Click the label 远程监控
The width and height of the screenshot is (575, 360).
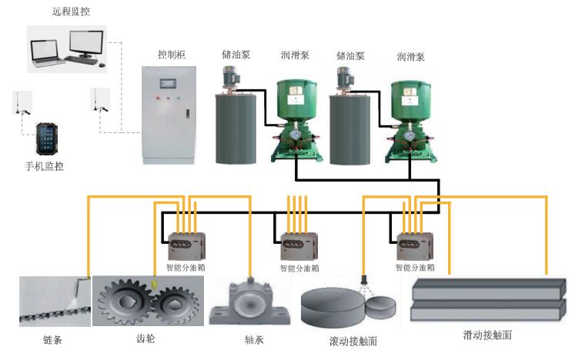click(x=70, y=11)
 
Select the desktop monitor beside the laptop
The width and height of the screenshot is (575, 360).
click(x=86, y=45)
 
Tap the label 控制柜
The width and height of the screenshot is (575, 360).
click(x=171, y=55)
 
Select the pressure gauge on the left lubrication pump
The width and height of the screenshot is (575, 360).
click(x=294, y=132)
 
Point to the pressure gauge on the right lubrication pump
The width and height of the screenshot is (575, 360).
click(x=408, y=132)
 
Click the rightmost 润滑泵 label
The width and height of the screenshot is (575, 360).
click(x=410, y=56)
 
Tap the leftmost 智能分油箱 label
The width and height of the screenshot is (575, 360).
click(x=186, y=268)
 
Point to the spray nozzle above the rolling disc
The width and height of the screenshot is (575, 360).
click(x=363, y=276)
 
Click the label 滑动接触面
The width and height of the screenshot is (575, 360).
click(x=486, y=335)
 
